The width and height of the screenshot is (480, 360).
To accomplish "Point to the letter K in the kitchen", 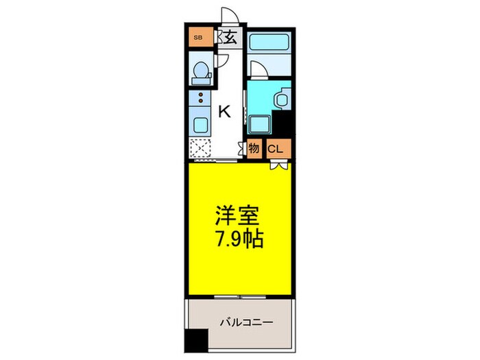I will click(x=224, y=112).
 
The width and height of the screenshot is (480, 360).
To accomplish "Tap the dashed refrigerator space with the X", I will click(x=201, y=149).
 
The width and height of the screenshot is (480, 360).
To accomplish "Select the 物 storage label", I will click(x=254, y=148).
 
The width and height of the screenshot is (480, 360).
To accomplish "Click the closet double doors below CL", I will click(x=278, y=165).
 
